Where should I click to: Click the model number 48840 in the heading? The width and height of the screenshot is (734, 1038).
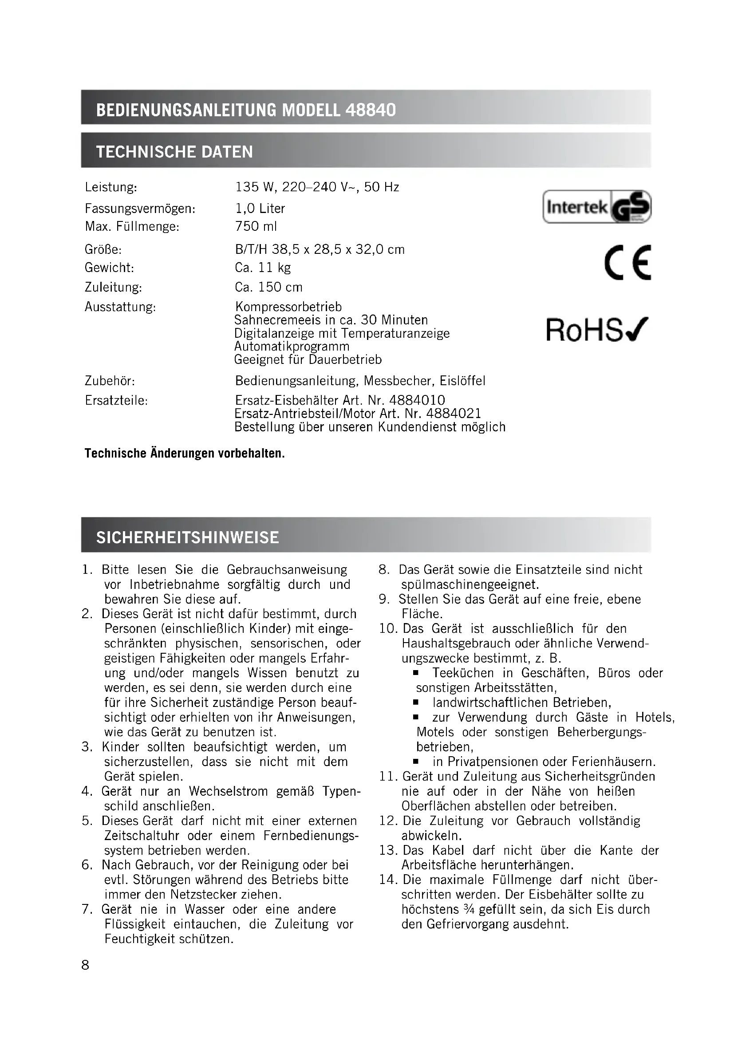(x=370, y=110)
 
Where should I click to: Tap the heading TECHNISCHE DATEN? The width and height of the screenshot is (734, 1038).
(x=174, y=151)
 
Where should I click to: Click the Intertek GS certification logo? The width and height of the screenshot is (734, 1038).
(x=596, y=207)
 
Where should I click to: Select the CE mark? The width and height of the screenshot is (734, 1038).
(x=627, y=262)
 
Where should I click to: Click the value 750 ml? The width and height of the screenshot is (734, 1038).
(x=256, y=226)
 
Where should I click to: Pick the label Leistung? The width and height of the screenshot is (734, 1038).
(x=111, y=187)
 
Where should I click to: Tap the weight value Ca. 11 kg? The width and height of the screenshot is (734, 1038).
(x=263, y=268)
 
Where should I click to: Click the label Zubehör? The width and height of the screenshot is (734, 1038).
(x=110, y=381)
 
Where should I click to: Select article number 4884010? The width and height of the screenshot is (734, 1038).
(x=417, y=400)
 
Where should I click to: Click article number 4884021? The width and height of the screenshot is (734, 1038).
(x=454, y=413)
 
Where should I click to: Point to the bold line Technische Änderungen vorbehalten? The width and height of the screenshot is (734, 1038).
(x=185, y=453)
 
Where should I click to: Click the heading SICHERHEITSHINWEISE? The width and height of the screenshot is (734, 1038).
(x=188, y=537)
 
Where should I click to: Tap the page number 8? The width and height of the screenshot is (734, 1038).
(x=85, y=965)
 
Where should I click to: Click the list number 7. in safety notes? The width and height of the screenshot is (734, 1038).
(x=88, y=909)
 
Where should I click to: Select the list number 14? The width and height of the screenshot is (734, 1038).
(x=387, y=880)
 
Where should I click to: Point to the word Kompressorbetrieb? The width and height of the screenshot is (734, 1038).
(x=288, y=307)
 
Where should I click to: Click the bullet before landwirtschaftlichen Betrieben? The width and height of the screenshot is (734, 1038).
(x=416, y=703)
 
